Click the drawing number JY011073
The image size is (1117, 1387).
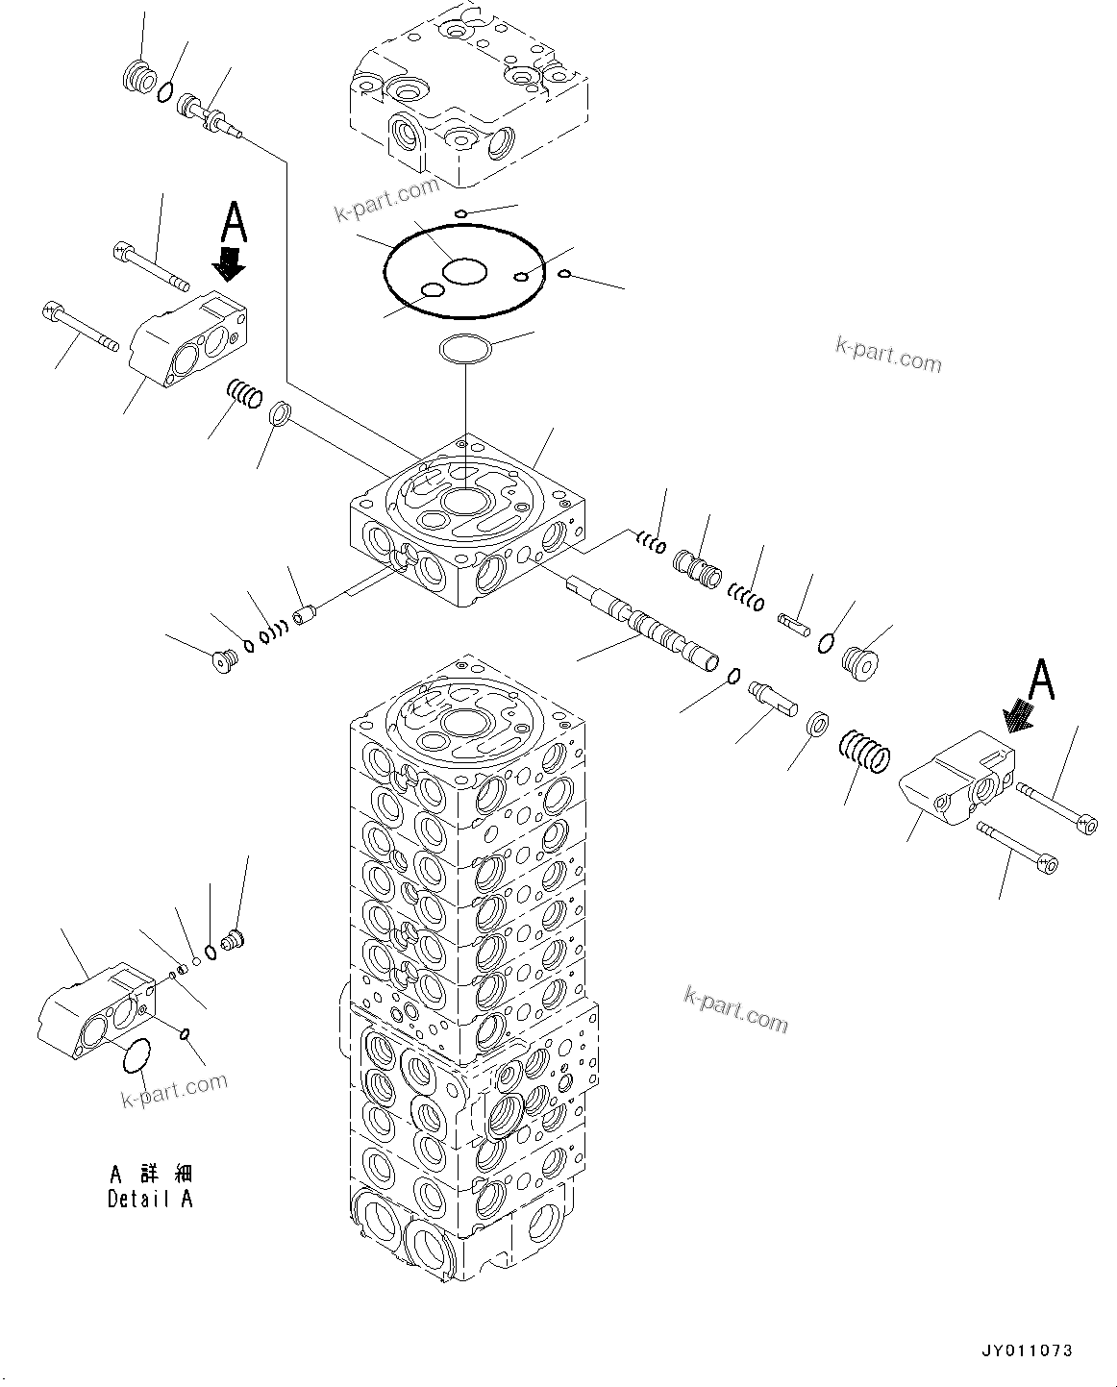1028,1350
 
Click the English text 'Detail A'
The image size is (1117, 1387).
150,1199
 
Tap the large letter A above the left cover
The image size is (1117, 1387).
234,222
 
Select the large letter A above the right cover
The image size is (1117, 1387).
1042,679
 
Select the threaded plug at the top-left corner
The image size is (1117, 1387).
139,77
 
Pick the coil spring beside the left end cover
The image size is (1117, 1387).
244,394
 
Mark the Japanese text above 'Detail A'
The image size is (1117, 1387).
150,1175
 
